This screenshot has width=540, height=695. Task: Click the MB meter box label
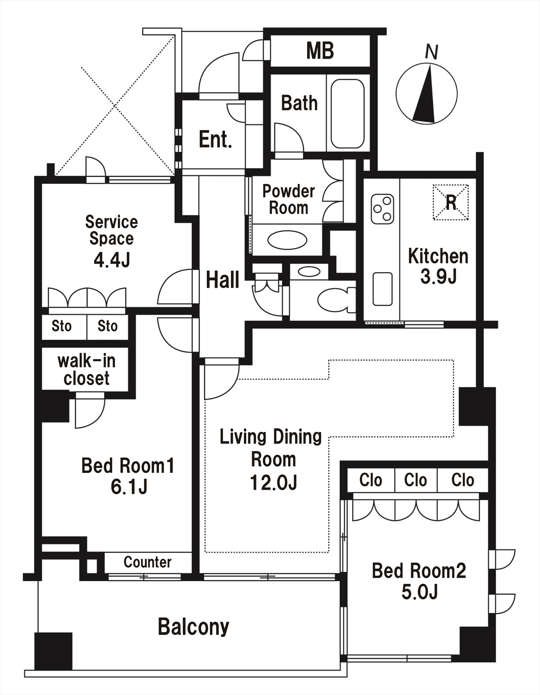[320, 51]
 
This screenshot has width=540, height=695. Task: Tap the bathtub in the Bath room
[347, 114]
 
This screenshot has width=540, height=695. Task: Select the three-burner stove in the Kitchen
[382, 209]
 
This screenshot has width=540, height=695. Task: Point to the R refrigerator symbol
[451, 202]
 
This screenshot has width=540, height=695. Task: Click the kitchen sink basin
[382, 289]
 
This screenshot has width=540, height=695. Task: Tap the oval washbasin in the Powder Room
[287, 240]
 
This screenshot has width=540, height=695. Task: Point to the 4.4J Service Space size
[112, 260]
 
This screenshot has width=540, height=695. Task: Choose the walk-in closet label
[86, 369]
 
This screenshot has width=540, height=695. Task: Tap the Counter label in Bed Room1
[148, 562]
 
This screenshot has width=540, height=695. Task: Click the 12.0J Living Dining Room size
[273, 482]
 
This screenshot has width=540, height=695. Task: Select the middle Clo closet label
[415, 480]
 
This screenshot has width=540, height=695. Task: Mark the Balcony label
[193, 627]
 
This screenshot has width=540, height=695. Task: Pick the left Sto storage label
[62, 326]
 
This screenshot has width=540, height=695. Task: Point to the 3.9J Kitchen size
[438, 276]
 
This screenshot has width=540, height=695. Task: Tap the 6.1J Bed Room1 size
[129, 486]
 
